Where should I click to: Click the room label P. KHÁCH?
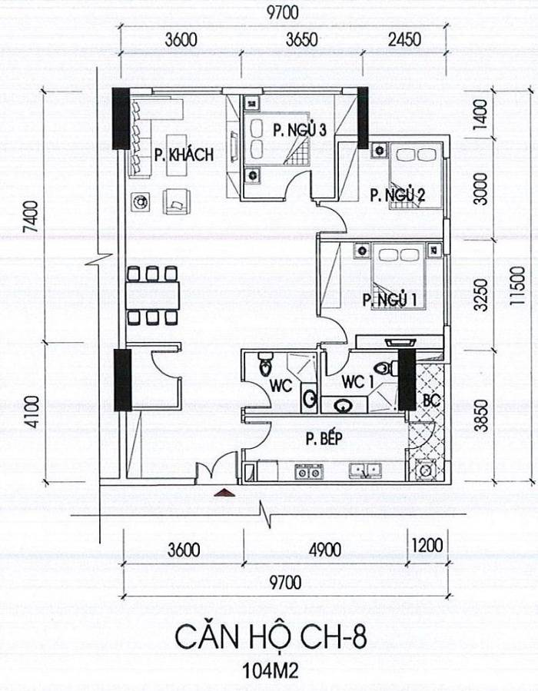click(x=184, y=155)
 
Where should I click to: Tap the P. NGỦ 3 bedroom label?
click(x=299, y=131)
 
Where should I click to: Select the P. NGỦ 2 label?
click(x=397, y=194)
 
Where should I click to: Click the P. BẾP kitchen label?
click(x=324, y=438)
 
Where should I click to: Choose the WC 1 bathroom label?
click(x=357, y=382)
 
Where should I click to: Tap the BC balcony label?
click(x=432, y=400)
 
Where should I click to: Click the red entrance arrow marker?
click(x=224, y=493)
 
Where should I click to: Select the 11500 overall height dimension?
click(x=519, y=285)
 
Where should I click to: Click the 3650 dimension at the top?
click(x=302, y=40)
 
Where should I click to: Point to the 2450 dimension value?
click(x=404, y=40)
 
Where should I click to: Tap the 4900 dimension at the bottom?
click(x=325, y=550)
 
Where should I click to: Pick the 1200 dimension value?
click(x=427, y=545)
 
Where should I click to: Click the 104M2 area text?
click(x=271, y=670)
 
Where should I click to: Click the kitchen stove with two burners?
click(x=309, y=472)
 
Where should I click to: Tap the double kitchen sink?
click(x=365, y=470)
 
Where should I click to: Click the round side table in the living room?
click(x=141, y=202)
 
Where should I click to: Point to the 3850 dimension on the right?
click(x=483, y=416)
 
